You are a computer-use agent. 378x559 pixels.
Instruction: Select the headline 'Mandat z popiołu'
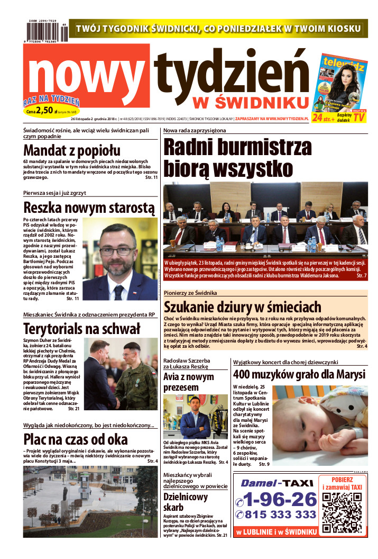coord(72,150)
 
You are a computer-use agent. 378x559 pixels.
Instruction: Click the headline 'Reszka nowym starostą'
coord(89,206)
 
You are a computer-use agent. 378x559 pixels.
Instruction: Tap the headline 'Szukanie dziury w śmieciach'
coord(243,307)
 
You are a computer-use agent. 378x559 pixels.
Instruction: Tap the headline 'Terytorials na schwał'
coord(82,328)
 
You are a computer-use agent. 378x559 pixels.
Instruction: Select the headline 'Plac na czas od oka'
coord(76,439)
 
